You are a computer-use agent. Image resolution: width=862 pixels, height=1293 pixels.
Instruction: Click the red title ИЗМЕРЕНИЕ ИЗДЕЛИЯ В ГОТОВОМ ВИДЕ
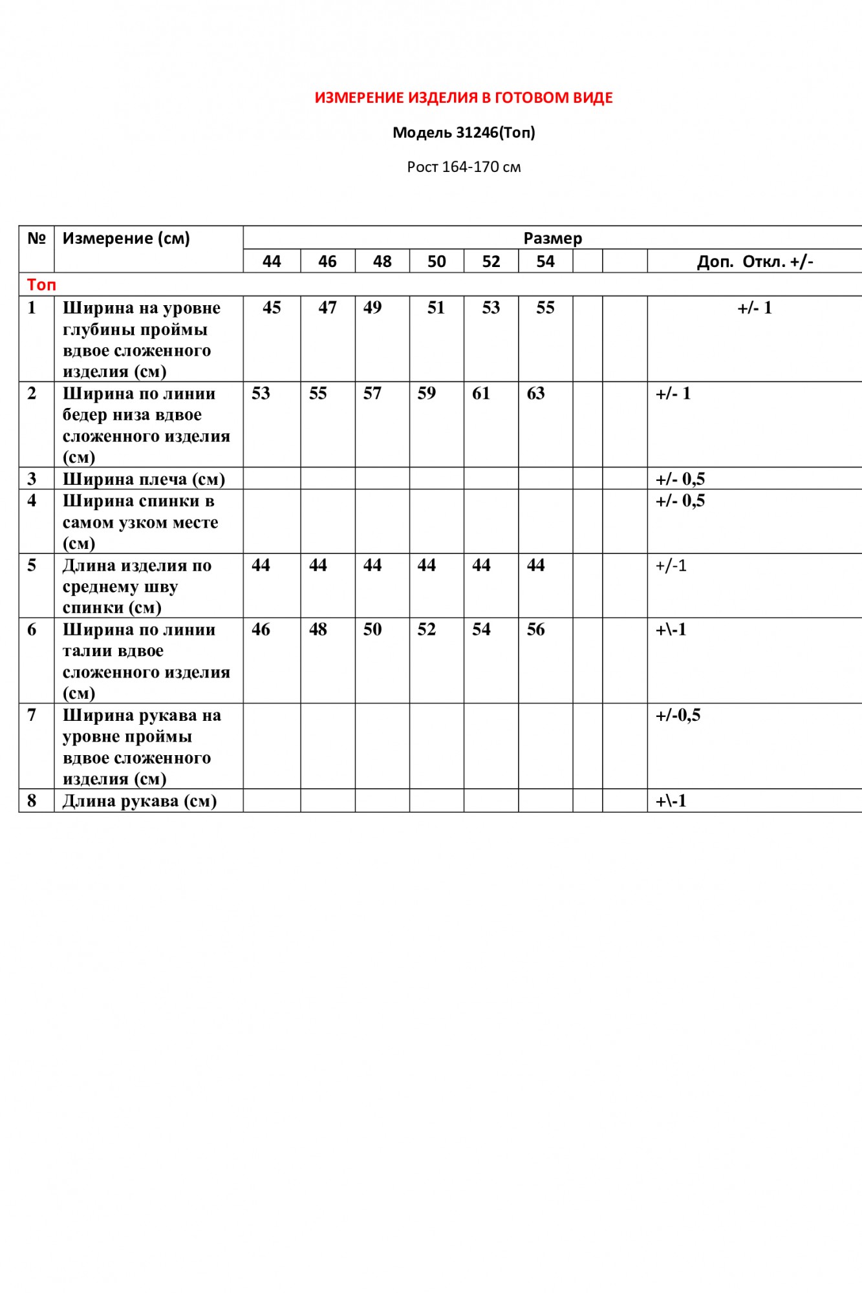pos(464,98)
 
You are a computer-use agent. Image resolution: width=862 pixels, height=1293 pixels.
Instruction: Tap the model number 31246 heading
pos(464,133)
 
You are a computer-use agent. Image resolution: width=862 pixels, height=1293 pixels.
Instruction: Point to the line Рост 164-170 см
pos(464,167)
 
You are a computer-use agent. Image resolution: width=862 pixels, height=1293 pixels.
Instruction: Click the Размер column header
pos(552,238)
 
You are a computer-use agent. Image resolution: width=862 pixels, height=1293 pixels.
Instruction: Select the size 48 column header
pos(382,261)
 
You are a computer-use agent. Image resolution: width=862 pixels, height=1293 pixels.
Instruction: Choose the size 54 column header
pos(545,261)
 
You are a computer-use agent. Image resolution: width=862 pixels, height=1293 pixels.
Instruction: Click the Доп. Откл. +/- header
pos(755,261)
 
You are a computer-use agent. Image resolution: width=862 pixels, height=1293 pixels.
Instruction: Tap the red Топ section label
pos(41,284)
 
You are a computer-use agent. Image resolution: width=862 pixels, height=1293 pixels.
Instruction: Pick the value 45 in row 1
pos(272,308)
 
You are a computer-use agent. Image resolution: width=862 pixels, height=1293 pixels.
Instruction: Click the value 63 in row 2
pos(535,393)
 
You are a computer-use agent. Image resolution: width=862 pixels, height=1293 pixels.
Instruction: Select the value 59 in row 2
pos(426,393)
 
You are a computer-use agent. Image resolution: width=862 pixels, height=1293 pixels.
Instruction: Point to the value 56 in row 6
pos(535,629)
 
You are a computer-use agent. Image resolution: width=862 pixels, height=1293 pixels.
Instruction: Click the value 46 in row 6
pos(261,629)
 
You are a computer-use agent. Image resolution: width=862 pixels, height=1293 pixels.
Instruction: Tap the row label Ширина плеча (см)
pos(144,479)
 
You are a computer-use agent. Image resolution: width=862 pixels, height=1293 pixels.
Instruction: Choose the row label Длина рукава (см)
pos(139,801)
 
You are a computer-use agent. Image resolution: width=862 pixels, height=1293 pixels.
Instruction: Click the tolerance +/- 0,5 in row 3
pos(680,479)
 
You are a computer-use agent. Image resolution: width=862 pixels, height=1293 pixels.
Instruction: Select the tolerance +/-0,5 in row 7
pos(678,715)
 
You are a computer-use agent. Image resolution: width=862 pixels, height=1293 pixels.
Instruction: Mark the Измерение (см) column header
pos(126,238)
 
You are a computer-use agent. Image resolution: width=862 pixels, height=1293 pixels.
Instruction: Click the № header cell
pos(36,238)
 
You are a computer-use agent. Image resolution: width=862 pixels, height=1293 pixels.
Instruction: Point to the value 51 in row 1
pos(436,308)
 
